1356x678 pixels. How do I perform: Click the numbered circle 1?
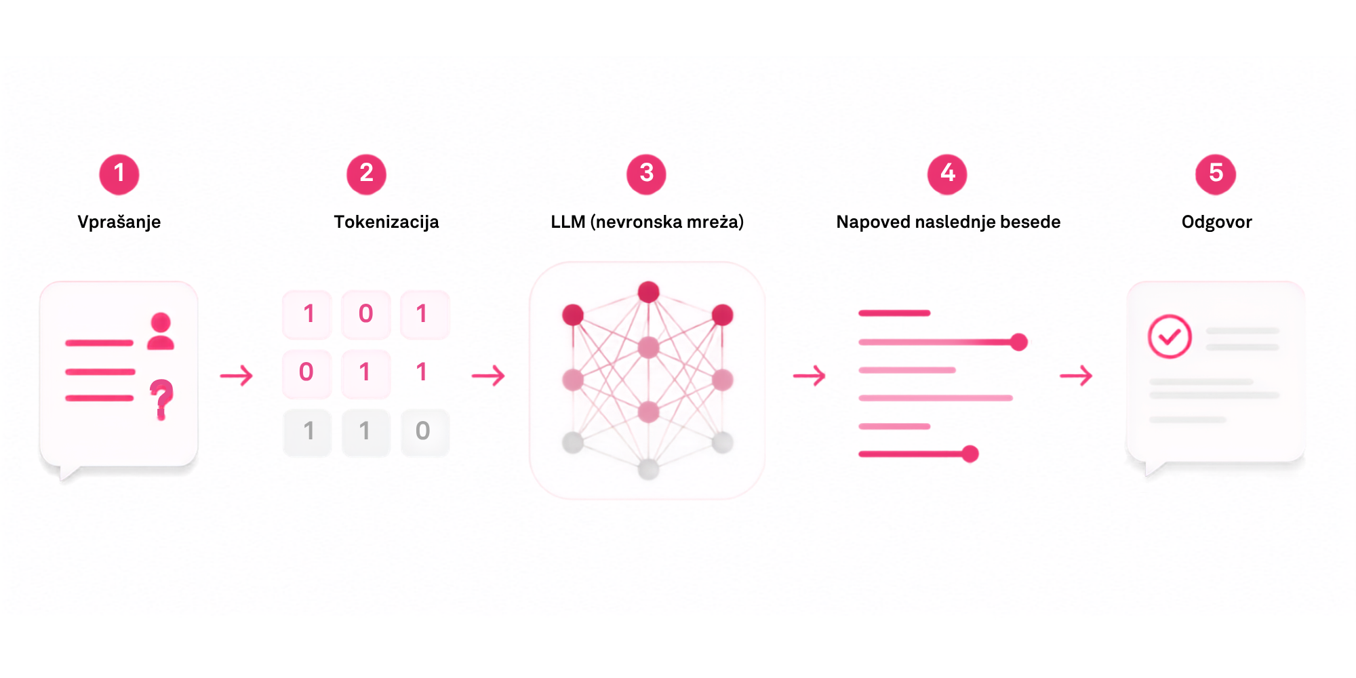pos(119,174)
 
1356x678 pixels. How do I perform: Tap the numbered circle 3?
pos(646,174)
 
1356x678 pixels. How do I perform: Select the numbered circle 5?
pos(1216,174)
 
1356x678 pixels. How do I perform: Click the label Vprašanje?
pos(119,222)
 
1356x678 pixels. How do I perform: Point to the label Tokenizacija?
pos(386,222)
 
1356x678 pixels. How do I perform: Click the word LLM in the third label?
pos(567,222)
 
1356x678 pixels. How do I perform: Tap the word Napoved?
pos(873,222)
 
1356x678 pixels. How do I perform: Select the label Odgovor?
pos(1216,222)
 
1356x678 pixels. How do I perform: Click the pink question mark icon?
pos(161,399)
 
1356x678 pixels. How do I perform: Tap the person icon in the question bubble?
pos(161,331)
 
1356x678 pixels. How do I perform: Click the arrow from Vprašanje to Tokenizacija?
pos(237,376)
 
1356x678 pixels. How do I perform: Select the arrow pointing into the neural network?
pos(489,376)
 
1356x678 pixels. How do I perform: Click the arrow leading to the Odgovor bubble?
pos(1077,376)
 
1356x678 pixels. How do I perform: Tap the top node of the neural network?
pos(649,292)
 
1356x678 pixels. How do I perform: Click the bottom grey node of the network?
pos(649,469)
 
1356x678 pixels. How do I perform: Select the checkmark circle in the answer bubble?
pos(1170,336)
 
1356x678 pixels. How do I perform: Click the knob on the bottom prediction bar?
pos(970,454)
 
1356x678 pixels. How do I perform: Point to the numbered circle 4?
pos(947,174)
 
